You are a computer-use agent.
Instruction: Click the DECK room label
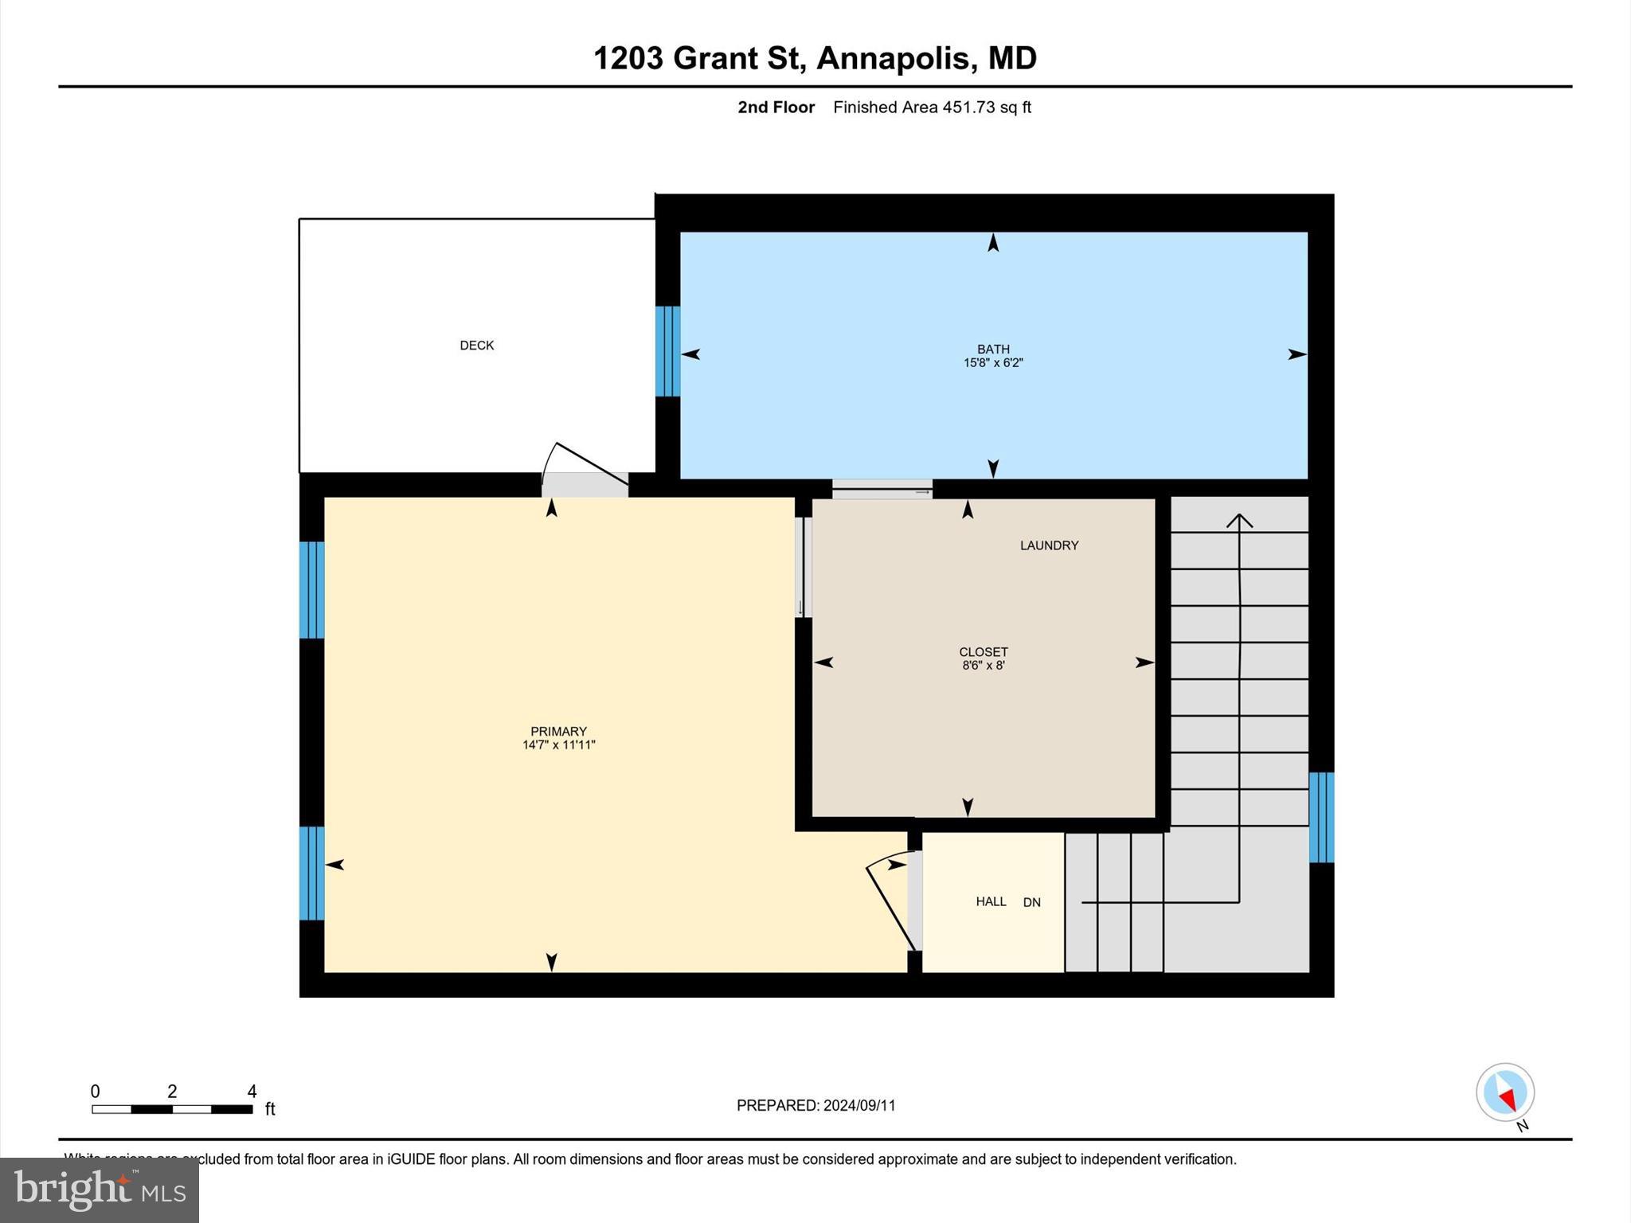click(x=476, y=345)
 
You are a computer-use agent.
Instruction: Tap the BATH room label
click(x=993, y=349)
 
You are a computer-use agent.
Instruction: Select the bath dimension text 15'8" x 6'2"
click(x=993, y=363)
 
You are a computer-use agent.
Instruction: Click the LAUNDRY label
click(x=1049, y=545)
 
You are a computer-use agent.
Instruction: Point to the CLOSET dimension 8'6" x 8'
click(x=983, y=666)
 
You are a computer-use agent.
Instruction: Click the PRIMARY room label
click(x=558, y=731)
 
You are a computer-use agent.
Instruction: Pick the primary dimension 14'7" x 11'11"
click(x=558, y=745)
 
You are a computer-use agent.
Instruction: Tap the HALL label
click(x=991, y=901)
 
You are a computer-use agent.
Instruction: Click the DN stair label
click(x=1031, y=902)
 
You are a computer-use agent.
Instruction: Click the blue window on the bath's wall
click(x=667, y=351)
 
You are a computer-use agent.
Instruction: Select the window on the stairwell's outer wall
click(x=1321, y=817)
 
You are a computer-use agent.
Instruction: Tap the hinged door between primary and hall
click(x=890, y=908)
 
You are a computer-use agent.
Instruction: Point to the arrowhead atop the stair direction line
click(x=1239, y=521)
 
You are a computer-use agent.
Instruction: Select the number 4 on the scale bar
click(x=252, y=1092)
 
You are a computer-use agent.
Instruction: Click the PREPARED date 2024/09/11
click(x=859, y=1105)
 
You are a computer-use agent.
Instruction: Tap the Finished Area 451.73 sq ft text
click(x=932, y=107)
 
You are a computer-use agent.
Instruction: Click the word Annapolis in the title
click(x=895, y=58)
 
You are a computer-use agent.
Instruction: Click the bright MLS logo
click(x=100, y=1190)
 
